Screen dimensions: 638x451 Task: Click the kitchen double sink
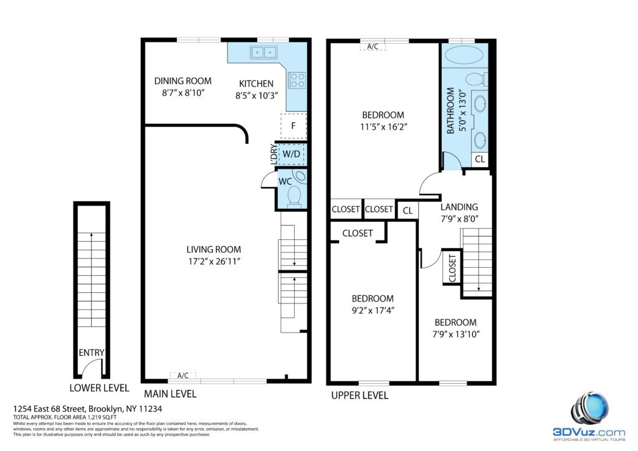click(264, 52)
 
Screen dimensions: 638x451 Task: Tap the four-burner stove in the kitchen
click(297, 80)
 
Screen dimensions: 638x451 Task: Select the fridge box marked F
click(293, 126)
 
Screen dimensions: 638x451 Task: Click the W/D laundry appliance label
click(292, 154)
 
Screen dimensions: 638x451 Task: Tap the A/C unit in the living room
click(183, 376)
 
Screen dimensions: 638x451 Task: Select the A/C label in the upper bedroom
click(373, 46)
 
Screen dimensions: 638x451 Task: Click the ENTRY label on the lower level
click(91, 353)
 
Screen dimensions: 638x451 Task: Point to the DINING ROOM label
click(183, 81)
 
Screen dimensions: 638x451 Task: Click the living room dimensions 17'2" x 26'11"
click(214, 261)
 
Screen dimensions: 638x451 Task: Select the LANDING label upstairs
click(459, 207)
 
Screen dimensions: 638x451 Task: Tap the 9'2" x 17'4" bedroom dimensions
click(373, 310)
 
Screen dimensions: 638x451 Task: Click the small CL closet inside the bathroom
click(480, 159)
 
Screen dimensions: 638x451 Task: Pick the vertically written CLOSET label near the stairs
click(452, 268)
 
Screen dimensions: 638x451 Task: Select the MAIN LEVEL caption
click(170, 394)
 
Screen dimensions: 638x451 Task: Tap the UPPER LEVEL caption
click(359, 396)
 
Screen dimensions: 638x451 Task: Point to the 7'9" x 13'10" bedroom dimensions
click(456, 335)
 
